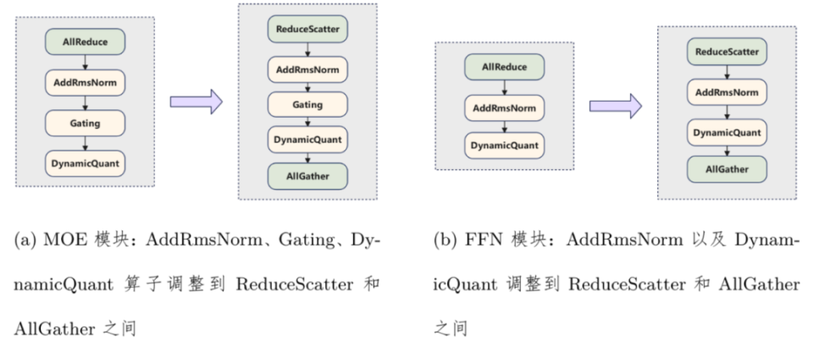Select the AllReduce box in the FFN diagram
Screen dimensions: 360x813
(504, 67)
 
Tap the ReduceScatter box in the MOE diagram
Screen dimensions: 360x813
(307, 30)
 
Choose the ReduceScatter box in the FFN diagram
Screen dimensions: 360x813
(727, 53)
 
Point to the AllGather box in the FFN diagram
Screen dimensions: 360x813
(727, 169)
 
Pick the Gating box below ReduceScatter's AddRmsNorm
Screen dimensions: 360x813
(307, 104)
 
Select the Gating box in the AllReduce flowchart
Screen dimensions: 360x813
(85, 123)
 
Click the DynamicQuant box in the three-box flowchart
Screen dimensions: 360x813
(504, 145)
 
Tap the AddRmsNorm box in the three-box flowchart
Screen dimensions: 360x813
(504, 107)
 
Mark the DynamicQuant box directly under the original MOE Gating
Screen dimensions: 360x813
(85, 163)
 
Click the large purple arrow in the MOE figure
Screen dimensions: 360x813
(196, 102)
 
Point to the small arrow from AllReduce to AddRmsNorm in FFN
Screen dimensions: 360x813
(504, 87)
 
